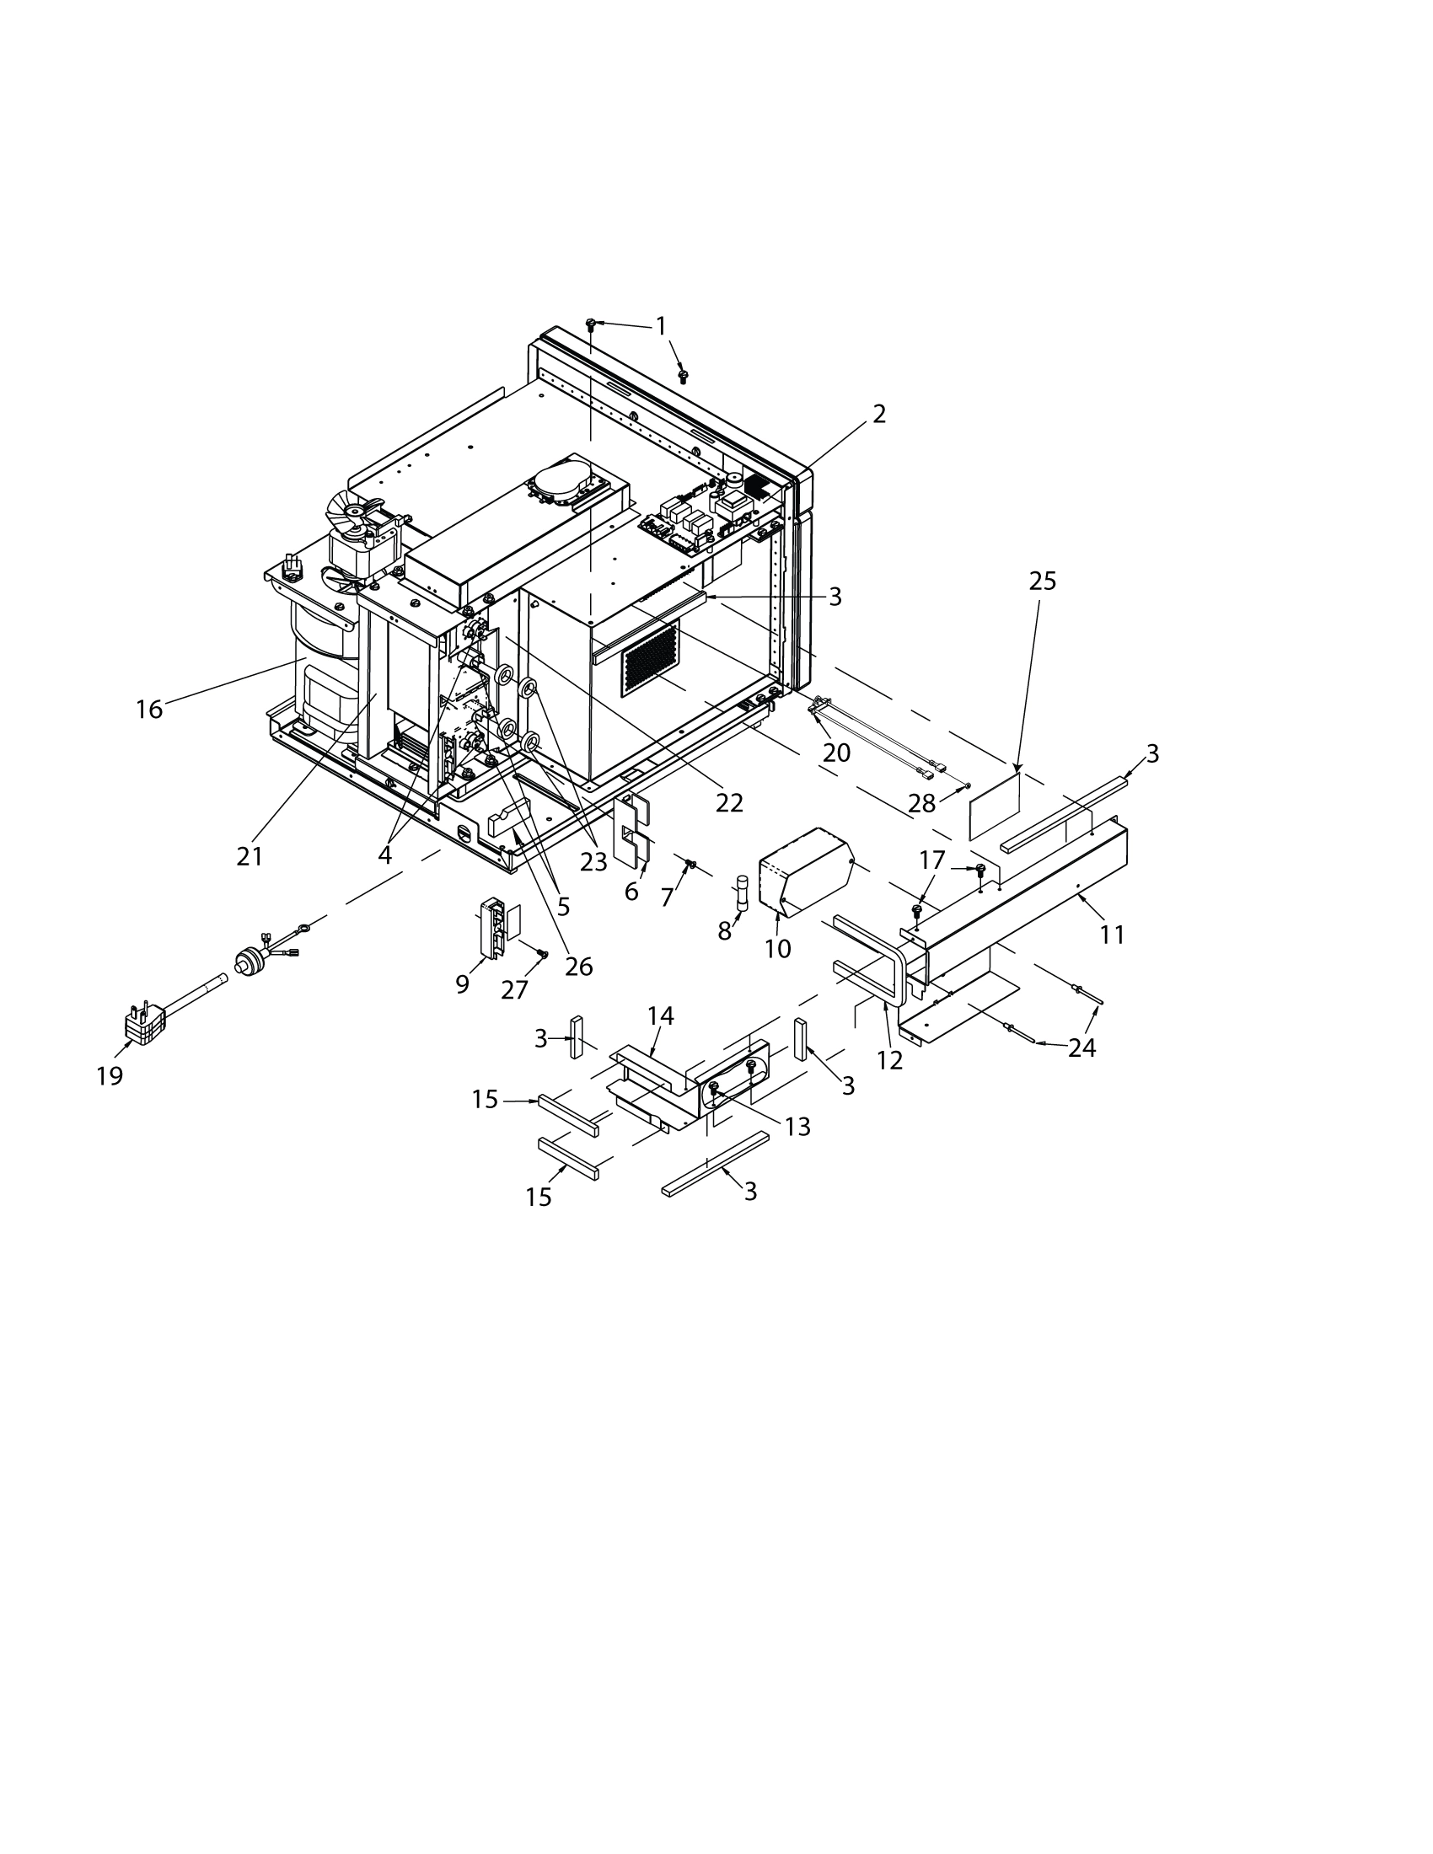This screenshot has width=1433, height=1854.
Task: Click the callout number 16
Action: (149, 709)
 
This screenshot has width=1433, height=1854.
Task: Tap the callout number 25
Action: (1043, 581)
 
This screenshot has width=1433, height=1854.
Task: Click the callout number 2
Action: (878, 414)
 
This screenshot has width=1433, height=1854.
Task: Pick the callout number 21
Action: (249, 856)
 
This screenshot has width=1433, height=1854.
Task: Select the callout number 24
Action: (1081, 1048)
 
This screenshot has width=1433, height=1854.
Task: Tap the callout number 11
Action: (1112, 935)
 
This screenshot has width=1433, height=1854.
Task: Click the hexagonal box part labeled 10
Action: (807, 871)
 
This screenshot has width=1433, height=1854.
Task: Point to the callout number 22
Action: (729, 802)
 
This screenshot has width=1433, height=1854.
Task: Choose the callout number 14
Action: (661, 1015)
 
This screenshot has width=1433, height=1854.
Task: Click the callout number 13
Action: (798, 1127)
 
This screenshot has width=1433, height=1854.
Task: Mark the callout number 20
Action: (836, 752)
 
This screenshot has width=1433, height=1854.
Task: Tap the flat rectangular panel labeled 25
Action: (995, 802)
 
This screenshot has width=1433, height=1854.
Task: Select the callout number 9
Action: (462, 983)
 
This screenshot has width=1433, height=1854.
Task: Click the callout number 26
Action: (579, 966)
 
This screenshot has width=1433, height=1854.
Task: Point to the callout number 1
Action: (661, 325)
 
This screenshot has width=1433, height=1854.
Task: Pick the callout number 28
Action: (921, 802)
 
